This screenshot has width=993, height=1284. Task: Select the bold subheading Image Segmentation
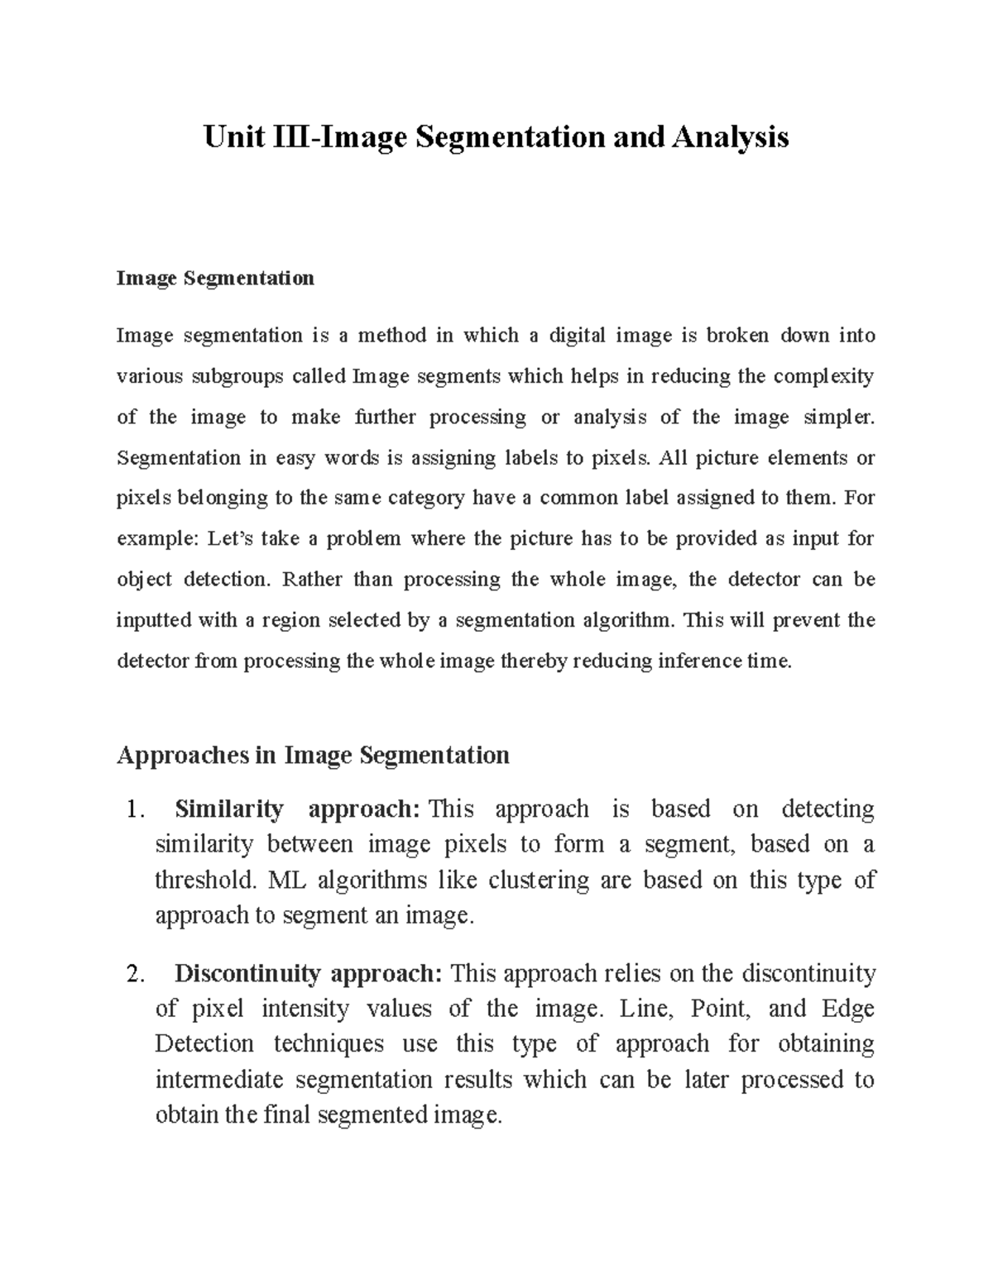point(215,278)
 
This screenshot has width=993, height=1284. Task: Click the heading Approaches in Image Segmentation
point(313,755)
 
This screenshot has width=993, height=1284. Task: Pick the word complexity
point(823,376)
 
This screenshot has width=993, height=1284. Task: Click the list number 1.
point(137,809)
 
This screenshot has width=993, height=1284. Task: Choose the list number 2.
point(137,975)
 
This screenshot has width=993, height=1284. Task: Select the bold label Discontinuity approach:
point(309,975)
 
